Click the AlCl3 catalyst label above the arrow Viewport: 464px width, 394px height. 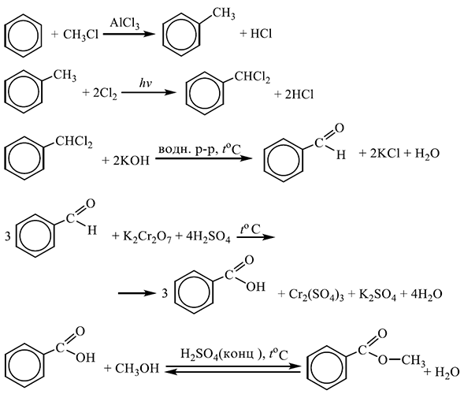point(124,23)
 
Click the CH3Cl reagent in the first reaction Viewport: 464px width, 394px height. point(80,35)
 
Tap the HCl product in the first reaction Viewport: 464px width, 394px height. point(261,34)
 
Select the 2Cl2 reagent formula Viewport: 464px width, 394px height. point(105,94)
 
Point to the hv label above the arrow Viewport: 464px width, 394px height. point(145,84)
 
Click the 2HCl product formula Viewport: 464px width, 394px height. point(299,95)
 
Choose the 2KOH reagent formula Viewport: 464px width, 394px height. point(131,161)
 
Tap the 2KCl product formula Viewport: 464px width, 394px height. point(384,154)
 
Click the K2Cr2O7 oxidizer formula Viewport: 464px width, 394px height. point(147,237)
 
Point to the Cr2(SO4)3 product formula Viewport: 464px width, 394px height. point(316,295)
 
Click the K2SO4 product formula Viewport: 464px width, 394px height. point(377,295)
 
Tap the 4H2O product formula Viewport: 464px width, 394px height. point(426,295)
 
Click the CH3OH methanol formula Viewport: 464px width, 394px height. point(137,369)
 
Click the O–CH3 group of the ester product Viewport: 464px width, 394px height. point(402,360)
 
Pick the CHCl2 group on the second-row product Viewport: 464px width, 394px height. point(252,77)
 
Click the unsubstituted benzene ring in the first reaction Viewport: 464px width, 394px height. point(23,35)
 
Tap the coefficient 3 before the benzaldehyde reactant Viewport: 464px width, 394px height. point(8,236)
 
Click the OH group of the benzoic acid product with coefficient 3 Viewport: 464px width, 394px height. point(255,287)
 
